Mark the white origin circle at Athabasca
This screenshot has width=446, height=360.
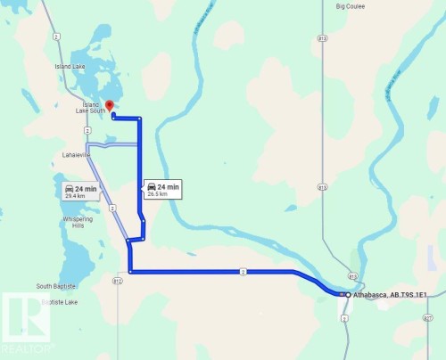[x=347, y=293]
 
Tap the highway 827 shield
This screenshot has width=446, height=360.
[x=429, y=318]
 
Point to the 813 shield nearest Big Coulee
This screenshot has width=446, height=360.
[x=322, y=38]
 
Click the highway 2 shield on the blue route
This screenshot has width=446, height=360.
[x=242, y=270]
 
